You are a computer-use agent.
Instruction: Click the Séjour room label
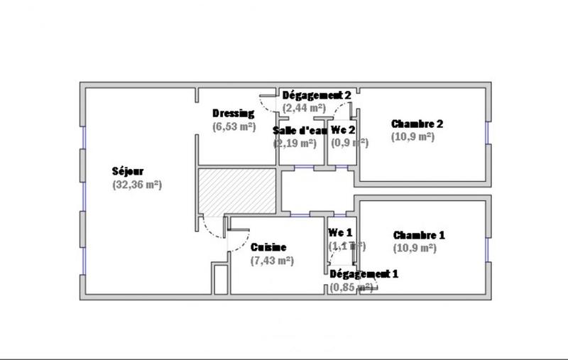pos(127,171)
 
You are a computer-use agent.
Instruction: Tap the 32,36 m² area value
pos(137,185)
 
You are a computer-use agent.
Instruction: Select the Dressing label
pos(233,114)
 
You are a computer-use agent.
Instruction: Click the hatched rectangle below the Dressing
pos(236,190)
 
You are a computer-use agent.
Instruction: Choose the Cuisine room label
pos(268,248)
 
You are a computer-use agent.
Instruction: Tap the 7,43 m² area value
pos(272,261)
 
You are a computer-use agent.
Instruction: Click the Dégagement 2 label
pos(317,95)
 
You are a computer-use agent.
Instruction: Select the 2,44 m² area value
pos(303,108)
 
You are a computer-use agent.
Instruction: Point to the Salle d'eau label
pos(300,130)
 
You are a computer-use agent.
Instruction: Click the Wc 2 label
pos(344,130)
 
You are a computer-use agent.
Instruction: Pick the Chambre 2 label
pos(417,124)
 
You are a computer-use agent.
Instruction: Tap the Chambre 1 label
pos(419,235)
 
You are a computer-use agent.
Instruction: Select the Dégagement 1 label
pos(364,274)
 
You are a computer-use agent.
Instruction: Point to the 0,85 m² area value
pos(351,288)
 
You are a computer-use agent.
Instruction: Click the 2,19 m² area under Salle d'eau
pos(295,143)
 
